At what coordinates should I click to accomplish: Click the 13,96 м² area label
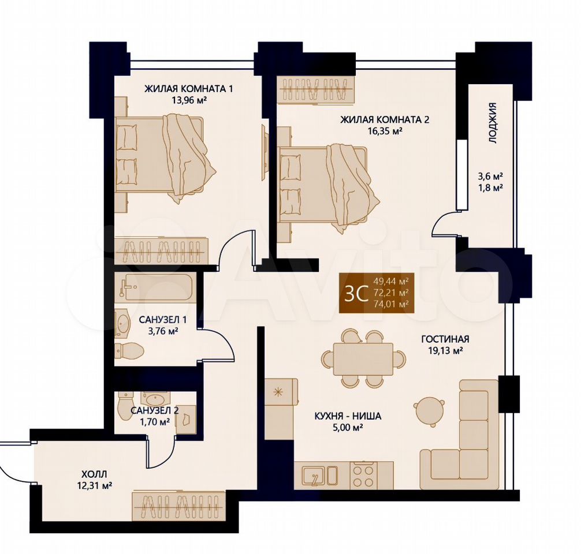pyautogui.click(x=189, y=100)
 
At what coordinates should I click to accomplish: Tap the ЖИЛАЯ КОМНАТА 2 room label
pyautogui.click(x=385, y=119)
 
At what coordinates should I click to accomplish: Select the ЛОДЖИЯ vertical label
pyautogui.click(x=492, y=123)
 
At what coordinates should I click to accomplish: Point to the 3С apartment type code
pyautogui.click(x=356, y=293)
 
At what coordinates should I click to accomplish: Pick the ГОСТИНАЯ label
pyautogui.click(x=445, y=339)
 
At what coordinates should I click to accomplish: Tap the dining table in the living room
pyautogui.click(x=363, y=359)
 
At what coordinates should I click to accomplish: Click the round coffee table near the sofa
pyautogui.click(x=429, y=411)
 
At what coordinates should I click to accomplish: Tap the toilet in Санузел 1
pyautogui.click(x=128, y=350)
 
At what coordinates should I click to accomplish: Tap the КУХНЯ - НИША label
pyautogui.click(x=348, y=416)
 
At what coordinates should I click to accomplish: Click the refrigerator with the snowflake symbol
pyautogui.click(x=281, y=392)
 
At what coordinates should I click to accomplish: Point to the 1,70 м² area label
pyautogui.click(x=152, y=421)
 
